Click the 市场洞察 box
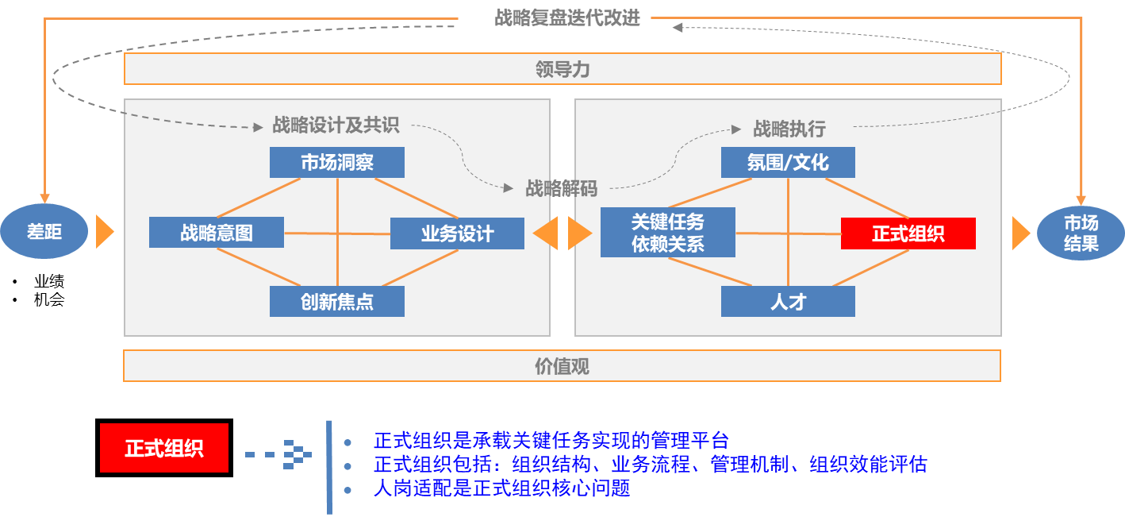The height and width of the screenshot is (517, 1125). point(336,163)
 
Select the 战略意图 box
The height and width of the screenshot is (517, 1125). point(217,233)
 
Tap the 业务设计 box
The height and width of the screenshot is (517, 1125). point(457,233)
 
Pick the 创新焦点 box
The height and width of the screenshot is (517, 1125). point(336,302)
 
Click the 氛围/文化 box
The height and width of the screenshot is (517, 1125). point(788,163)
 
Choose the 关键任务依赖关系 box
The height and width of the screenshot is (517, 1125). point(667,233)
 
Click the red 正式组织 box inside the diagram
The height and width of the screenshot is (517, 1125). point(908,233)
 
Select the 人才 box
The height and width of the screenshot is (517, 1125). point(788,302)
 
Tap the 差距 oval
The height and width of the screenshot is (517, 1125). point(44,232)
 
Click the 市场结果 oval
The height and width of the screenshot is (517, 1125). point(1081,233)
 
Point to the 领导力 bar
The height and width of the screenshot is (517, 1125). point(562,70)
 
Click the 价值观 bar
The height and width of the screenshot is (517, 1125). point(562,366)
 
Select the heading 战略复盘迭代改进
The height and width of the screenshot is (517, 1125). point(566,18)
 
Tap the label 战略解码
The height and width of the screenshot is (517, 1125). point(561,189)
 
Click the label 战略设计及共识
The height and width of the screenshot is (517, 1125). point(336,125)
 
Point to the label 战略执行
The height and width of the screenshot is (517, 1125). point(789,129)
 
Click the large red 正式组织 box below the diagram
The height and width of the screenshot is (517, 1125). point(163,448)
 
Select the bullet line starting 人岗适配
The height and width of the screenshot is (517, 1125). point(501,488)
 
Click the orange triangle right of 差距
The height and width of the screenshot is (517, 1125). point(104,232)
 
